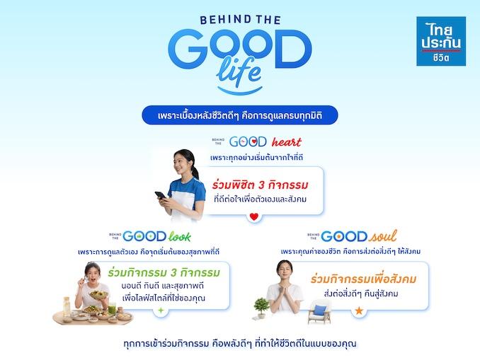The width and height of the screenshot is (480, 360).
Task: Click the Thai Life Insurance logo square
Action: (441, 41)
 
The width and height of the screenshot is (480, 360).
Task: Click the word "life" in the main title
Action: (238, 71)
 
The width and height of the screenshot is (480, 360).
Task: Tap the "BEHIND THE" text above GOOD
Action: (240, 20)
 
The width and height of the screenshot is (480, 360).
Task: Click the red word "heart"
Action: (287, 142)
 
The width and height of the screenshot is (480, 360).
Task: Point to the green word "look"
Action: (180, 236)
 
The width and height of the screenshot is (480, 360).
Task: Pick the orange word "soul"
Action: (383, 236)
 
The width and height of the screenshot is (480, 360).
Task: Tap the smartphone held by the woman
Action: (160, 194)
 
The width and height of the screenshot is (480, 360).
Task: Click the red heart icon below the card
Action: (254, 216)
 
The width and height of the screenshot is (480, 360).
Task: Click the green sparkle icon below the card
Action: (161, 310)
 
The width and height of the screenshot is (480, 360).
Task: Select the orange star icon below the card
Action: (359, 311)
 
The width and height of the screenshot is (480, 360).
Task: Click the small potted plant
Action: (261, 308)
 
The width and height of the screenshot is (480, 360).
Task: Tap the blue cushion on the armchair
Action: (320, 310)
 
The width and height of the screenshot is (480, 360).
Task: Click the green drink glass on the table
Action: (112, 308)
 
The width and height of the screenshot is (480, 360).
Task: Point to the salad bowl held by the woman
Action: (98, 294)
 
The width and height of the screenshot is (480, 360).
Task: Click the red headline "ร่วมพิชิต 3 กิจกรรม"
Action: (261, 185)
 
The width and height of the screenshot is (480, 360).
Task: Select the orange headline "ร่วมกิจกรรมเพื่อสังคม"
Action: (363, 279)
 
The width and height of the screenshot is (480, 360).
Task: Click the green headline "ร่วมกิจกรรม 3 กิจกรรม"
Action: (164, 272)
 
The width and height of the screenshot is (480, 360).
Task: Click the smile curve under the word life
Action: (240, 91)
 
